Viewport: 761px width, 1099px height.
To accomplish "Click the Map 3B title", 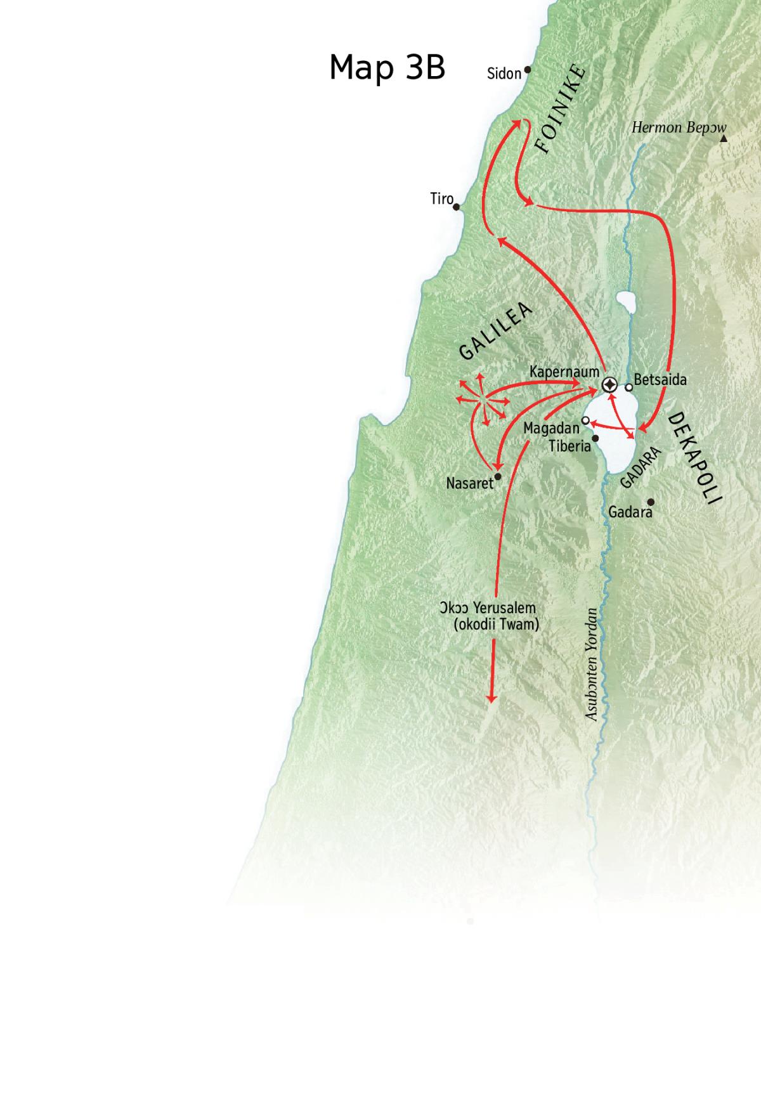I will pyautogui.click(x=387, y=67).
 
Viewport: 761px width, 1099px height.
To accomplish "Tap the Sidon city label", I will pyautogui.click(x=504, y=74).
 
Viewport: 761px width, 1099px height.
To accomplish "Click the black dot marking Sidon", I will pyautogui.click(x=527, y=70).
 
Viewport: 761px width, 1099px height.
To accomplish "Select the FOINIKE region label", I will pyautogui.click(x=561, y=108).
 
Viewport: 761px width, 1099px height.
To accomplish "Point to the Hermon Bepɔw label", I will pyautogui.click(x=679, y=127).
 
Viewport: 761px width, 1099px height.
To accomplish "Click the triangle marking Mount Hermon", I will pyautogui.click(x=724, y=138).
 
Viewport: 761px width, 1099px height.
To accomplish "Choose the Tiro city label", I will pyautogui.click(x=441, y=199).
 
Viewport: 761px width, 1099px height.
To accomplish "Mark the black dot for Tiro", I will pyautogui.click(x=456, y=207).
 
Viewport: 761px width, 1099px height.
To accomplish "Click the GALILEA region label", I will pyautogui.click(x=495, y=332).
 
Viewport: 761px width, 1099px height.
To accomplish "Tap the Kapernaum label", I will pyautogui.click(x=564, y=371).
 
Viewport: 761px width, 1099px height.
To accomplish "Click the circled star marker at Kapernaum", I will pyautogui.click(x=609, y=385).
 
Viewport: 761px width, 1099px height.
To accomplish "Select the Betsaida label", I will pyautogui.click(x=660, y=380).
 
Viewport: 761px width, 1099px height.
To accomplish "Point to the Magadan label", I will pyautogui.click(x=551, y=429).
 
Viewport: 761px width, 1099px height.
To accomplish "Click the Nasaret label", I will pyautogui.click(x=469, y=483).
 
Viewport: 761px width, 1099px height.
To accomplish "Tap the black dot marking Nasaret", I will pyautogui.click(x=498, y=476).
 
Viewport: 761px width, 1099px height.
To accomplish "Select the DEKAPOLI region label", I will pyautogui.click(x=695, y=458).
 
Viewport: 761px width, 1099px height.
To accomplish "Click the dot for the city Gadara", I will pyautogui.click(x=650, y=502).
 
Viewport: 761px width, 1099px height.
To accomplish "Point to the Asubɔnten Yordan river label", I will pyautogui.click(x=592, y=664).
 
